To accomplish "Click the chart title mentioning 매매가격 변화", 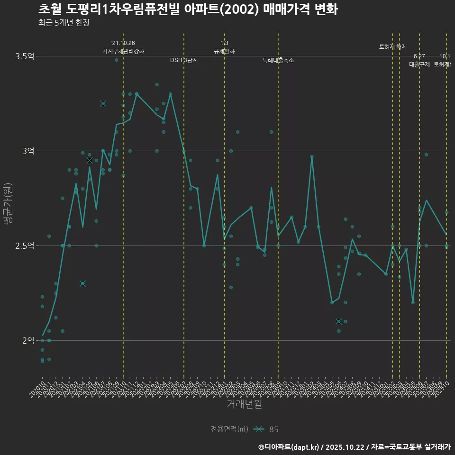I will point(188,9).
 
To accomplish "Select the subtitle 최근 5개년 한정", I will point(64,23).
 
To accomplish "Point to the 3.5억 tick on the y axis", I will point(25,56).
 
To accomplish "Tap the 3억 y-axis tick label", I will point(27,151).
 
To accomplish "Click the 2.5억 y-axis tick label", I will point(25,246).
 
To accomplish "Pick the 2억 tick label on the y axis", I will point(27,341).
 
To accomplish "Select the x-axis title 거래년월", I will point(244,404).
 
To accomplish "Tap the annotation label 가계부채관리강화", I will point(123,51).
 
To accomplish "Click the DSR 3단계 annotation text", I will point(184,60).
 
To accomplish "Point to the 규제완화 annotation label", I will point(224,51).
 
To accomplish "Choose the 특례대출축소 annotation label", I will point(278,60).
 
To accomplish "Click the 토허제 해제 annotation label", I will point(393,47).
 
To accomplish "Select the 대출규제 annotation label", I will point(419,64).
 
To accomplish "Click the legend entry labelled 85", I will point(273,429).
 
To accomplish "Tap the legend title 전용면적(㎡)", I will point(229,429).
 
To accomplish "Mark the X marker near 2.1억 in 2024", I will point(338,321).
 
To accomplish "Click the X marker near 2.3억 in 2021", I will point(83,283).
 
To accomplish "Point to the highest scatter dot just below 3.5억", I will point(117,60).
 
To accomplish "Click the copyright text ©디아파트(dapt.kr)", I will point(289,447).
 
